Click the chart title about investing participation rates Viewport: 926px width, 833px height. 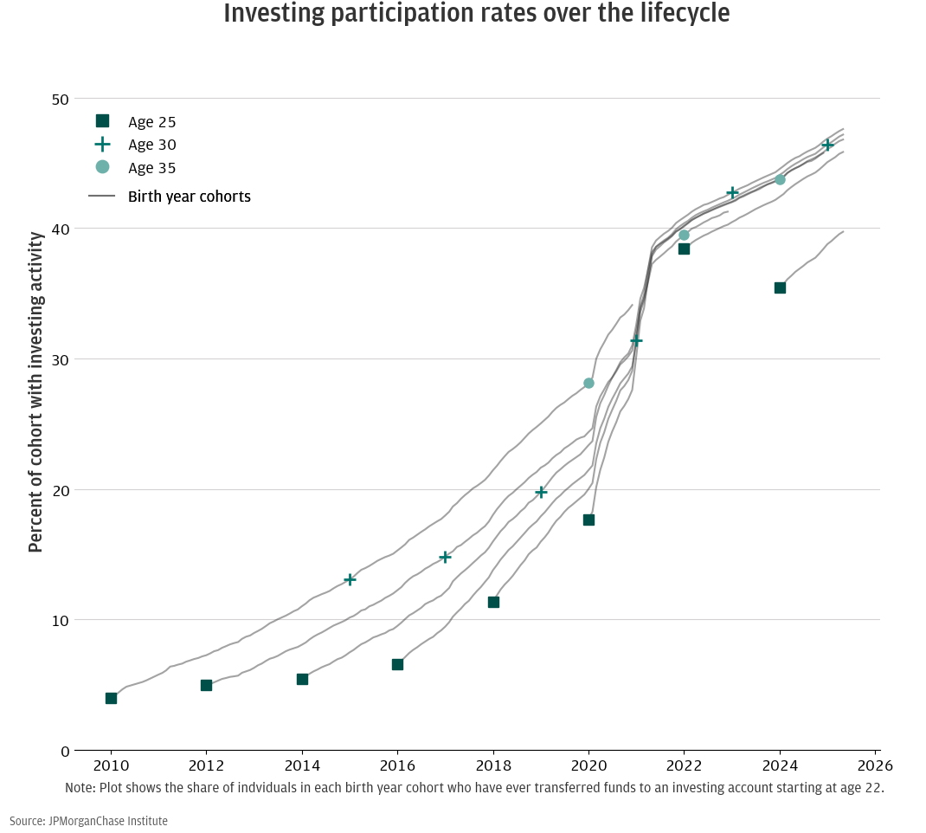[x=476, y=14]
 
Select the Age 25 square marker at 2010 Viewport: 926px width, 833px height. [x=111, y=698]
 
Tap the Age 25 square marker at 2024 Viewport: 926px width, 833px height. [x=780, y=287]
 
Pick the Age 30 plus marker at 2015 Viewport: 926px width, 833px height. [x=350, y=579]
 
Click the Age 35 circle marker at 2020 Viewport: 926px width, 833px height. [x=588, y=383]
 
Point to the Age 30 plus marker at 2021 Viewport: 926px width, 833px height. [x=636, y=340]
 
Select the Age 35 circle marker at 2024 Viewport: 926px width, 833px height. [x=780, y=179]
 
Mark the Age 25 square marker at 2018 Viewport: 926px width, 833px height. [x=493, y=602]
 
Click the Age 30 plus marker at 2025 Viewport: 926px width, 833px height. [x=827, y=145]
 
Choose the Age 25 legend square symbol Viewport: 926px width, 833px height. [x=102, y=121]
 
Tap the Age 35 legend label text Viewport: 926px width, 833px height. [x=151, y=168]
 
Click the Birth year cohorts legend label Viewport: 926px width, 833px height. [x=189, y=197]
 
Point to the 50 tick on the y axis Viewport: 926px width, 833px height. [x=59, y=99]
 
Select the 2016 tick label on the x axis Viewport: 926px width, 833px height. [x=397, y=767]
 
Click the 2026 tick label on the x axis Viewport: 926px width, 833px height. [x=875, y=767]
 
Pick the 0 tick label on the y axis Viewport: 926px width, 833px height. [x=64, y=751]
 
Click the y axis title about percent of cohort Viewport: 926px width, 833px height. [x=35, y=391]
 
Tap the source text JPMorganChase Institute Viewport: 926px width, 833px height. [x=88, y=821]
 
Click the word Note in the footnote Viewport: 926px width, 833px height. [x=80, y=788]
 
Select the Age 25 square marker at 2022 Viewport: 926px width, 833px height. [x=684, y=249]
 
